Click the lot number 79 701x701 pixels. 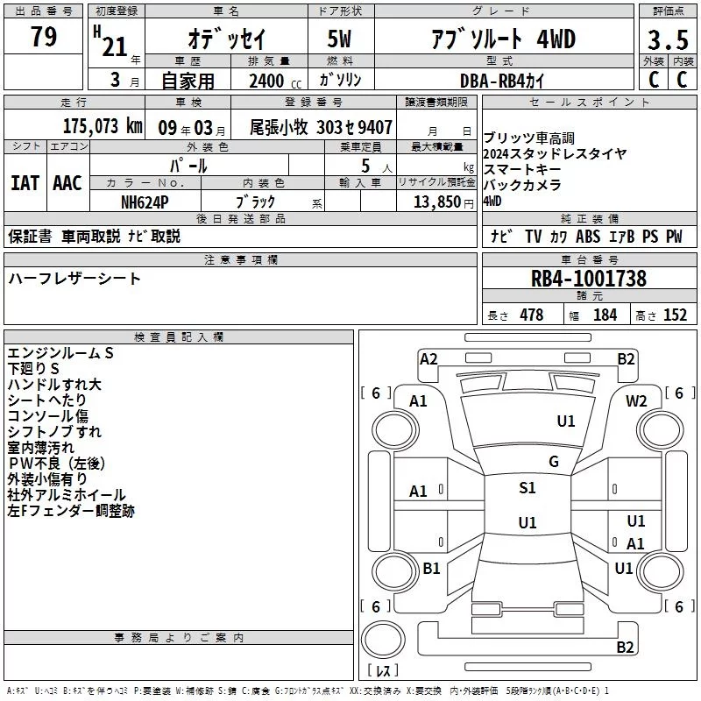tap(44, 36)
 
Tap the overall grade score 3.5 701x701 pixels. tap(668, 39)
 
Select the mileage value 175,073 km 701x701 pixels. tap(103, 126)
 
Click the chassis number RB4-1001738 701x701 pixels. tap(588, 278)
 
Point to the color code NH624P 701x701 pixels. tap(145, 202)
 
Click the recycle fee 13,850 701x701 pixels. tap(436, 202)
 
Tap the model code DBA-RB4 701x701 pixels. tap(492, 81)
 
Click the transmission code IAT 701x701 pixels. tap(25, 183)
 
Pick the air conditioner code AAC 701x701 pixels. tap(67, 183)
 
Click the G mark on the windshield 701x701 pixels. tap(554, 462)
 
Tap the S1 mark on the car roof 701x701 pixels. tap(528, 488)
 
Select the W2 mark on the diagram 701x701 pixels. tap(636, 401)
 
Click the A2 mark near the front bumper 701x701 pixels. tap(428, 359)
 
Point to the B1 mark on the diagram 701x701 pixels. tap(431, 568)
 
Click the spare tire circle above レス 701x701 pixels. tap(383, 639)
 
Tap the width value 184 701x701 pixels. tap(605, 315)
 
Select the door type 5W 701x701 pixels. tap(339, 39)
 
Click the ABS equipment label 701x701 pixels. tap(588, 236)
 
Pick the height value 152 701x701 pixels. tap(675, 315)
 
